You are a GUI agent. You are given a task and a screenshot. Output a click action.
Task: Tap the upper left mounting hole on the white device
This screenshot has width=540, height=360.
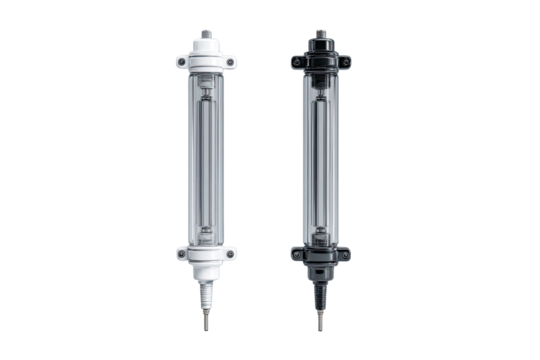[182, 63]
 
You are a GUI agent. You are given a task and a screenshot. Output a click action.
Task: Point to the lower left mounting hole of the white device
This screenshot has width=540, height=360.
[182, 255]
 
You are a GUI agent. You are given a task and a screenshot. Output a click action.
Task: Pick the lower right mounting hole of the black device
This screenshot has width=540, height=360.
[344, 255]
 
